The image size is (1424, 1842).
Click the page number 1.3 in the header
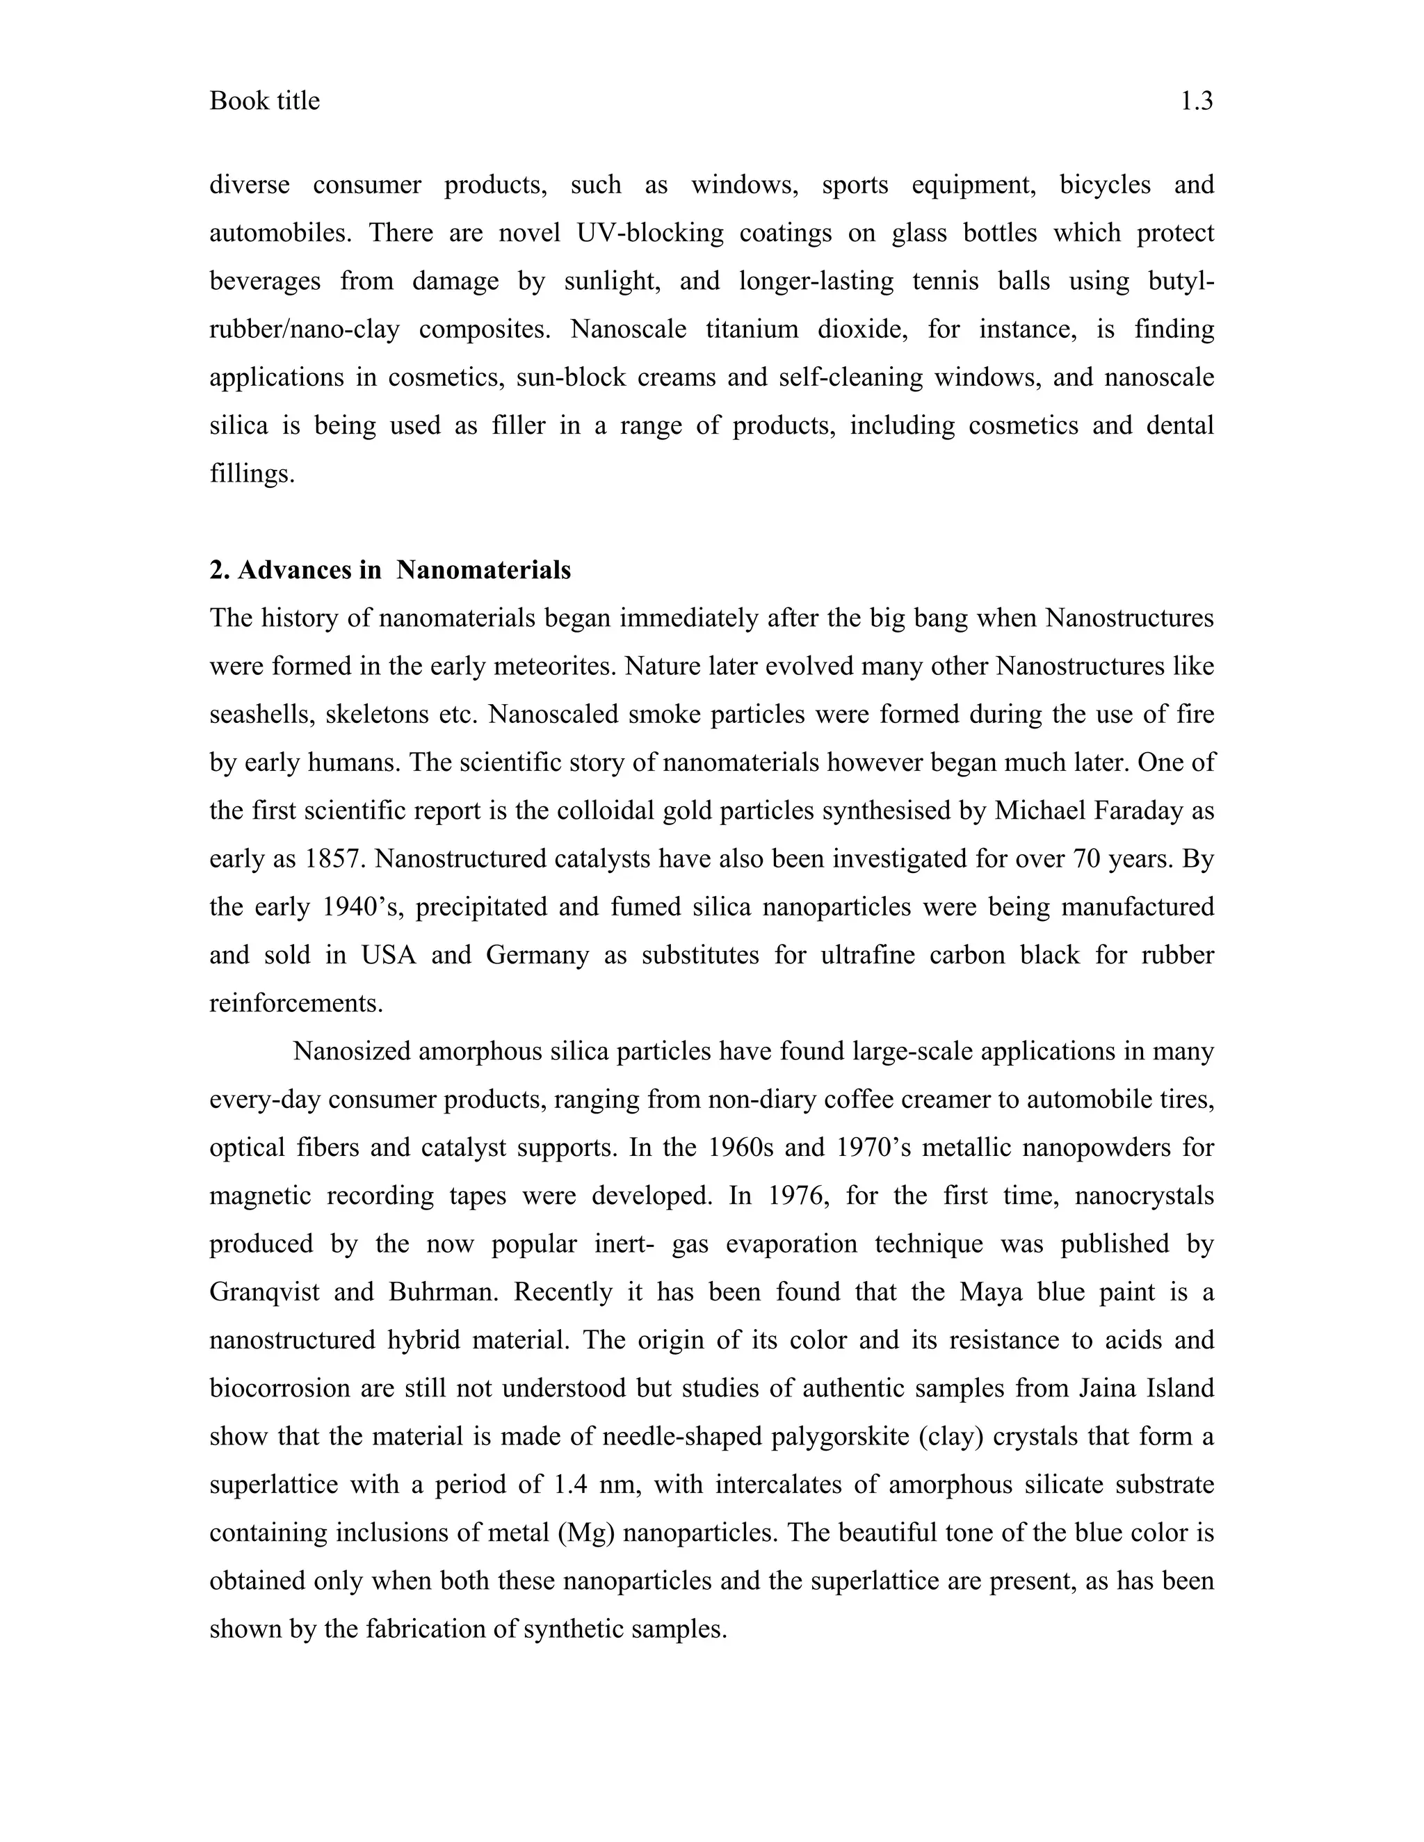click(x=1195, y=101)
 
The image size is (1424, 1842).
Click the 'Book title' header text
click(x=264, y=101)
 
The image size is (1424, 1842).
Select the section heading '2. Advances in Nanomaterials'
click(x=390, y=570)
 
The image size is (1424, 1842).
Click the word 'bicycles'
click(x=1105, y=185)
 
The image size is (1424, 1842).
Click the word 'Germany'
click(x=537, y=955)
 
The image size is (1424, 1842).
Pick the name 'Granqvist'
click(x=264, y=1292)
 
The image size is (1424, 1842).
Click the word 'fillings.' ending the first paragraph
click(x=252, y=474)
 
